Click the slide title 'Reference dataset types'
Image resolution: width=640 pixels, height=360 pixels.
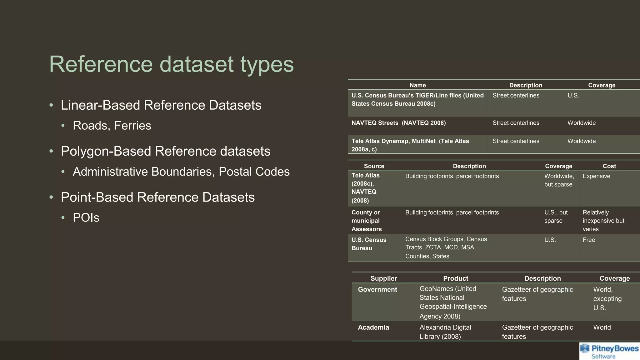click(171, 64)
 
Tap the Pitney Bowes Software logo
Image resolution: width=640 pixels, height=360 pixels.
click(609, 351)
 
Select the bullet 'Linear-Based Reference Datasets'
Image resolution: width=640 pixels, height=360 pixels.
click(161, 105)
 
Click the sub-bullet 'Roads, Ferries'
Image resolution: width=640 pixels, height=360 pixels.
click(112, 126)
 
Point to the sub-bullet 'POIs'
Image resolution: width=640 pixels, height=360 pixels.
click(86, 218)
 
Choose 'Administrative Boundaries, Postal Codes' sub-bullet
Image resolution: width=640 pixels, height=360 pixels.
click(181, 172)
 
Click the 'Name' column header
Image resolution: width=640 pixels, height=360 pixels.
click(417, 85)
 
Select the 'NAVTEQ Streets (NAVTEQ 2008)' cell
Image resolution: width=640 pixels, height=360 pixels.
click(398, 123)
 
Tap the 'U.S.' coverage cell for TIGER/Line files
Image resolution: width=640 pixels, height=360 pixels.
click(573, 96)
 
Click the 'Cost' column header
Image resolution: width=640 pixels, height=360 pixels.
click(609, 166)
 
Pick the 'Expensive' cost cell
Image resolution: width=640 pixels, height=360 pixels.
click(596, 176)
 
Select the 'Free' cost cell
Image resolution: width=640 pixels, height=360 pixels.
click(589, 240)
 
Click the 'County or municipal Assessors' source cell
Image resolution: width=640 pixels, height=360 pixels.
click(367, 221)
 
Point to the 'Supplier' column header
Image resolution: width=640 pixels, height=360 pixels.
click(383, 278)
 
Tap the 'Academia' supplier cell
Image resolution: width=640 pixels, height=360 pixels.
click(373, 327)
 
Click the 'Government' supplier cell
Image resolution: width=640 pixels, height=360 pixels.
click(377, 290)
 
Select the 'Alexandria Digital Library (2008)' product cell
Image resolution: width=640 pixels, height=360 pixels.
click(445, 332)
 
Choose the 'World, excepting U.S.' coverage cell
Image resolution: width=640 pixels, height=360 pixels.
click(607, 299)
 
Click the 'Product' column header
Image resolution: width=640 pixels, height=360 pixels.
click(455, 278)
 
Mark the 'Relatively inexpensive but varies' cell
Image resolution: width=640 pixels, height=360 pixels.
click(603, 221)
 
